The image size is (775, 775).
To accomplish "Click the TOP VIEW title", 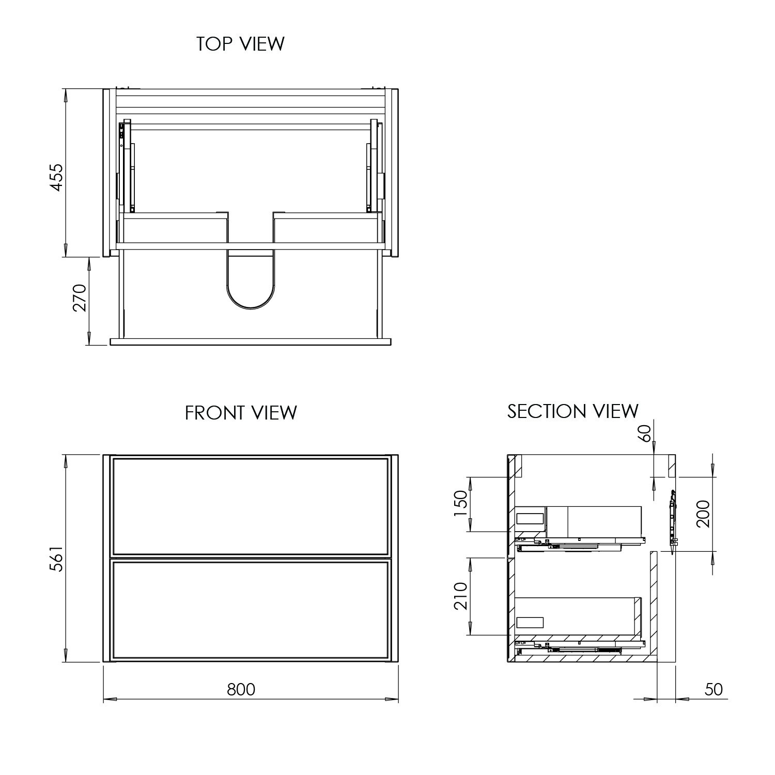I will pyautogui.click(x=240, y=44).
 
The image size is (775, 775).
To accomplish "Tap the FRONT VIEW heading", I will pyautogui.click(x=241, y=413).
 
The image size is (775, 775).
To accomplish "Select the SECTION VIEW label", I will pyautogui.click(x=572, y=411).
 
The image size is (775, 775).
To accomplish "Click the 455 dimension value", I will pyautogui.click(x=56, y=177).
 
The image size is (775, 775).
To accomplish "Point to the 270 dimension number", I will pyautogui.click(x=80, y=298).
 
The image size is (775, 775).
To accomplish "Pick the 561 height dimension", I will pyautogui.click(x=56, y=558).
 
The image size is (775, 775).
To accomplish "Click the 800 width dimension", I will pyautogui.click(x=241, y=689).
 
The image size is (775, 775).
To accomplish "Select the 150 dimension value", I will pyautogui.click(x=460, y=506).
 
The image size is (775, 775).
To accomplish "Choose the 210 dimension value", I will pyautogui.click(x=460, y=596).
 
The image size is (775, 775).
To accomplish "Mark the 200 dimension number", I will pyautogui.click(x=703, y=514).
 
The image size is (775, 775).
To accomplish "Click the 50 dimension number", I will pyautogui.click(x=713, y=689).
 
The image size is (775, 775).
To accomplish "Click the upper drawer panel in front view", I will pyautogui.click(x=251, y=506).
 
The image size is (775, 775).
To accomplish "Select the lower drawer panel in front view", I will pyautogui.click(x=251, y=610).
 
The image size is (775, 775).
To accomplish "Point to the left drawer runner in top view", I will pyautogui.click(x=126, y=166).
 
